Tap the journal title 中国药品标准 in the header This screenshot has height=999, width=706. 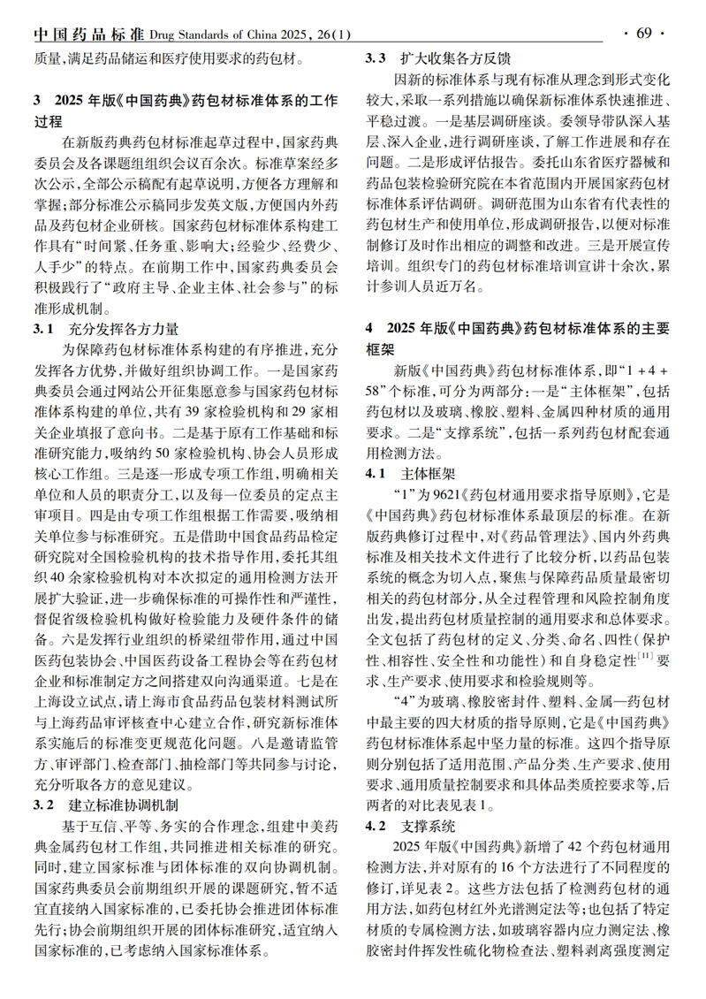[x=88, y=34]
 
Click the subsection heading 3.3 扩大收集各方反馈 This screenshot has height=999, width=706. [x=439, y=59]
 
